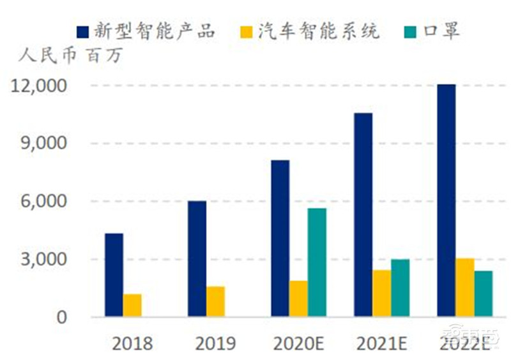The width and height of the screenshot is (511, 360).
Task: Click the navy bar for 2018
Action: [114, 275]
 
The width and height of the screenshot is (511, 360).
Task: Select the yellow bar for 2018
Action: [132, 305]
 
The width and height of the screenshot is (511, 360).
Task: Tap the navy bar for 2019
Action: [197, 259]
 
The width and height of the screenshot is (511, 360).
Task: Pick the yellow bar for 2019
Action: [215, 301]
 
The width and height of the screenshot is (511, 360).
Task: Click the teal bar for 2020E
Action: [317, 262]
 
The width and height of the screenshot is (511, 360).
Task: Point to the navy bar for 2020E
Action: [280, 238]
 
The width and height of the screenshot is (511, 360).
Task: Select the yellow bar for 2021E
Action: [382, 293]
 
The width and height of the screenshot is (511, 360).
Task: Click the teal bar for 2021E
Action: [400, 288]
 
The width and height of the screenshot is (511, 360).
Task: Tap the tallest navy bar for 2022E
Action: [446, 200]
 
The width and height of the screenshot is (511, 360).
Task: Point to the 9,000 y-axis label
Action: [44, 144]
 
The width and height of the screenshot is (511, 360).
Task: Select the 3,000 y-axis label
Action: [44, 259]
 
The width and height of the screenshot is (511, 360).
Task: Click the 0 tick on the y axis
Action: [61, 317]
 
